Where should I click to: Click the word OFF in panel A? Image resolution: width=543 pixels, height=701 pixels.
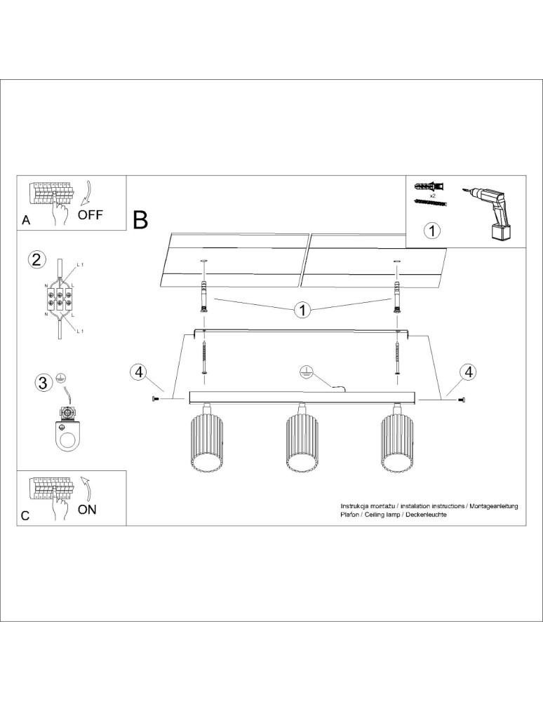point(90,215)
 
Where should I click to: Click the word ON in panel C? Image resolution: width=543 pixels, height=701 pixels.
point(87,510)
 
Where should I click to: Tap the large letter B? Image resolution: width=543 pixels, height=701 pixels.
point(140,220)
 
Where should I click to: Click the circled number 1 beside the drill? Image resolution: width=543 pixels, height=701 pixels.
point(433,230)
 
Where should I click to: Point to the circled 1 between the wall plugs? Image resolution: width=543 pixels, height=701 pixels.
point(301,309)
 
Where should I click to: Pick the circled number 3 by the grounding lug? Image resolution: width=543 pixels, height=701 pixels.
point(43,383)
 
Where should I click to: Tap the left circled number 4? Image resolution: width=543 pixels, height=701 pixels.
point(138,372)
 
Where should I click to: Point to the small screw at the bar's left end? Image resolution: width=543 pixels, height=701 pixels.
point(155,400)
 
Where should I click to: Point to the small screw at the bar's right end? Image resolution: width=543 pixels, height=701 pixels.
point(461,400)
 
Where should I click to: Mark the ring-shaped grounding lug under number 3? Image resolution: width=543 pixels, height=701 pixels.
point(67,438)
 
